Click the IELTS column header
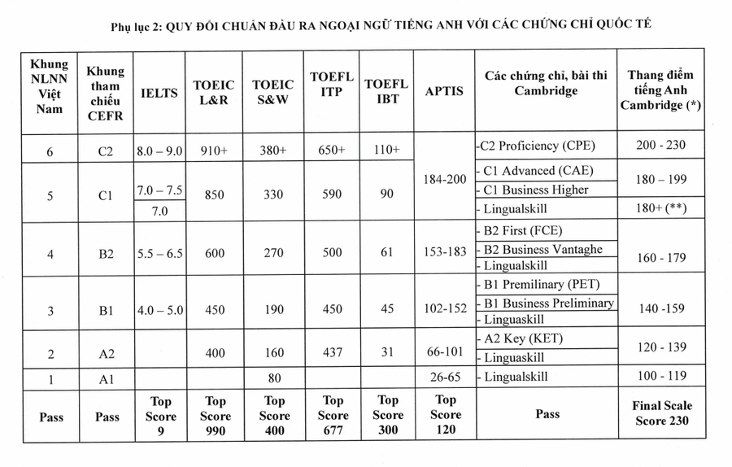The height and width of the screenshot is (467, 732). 159,92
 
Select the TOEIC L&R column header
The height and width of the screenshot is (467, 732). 214,92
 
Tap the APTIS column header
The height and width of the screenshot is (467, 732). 443,91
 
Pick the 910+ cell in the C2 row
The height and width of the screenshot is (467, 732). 214,151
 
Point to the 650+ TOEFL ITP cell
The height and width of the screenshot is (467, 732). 332,151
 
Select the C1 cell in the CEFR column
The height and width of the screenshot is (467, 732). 106,195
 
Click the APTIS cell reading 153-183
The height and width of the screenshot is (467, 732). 443,253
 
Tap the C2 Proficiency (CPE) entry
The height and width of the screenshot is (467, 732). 538,146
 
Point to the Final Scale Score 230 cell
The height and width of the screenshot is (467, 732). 662,413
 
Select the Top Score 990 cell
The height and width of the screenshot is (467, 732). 215,415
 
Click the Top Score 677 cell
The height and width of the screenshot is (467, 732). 333,415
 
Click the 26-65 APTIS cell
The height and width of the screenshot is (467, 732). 443,377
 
